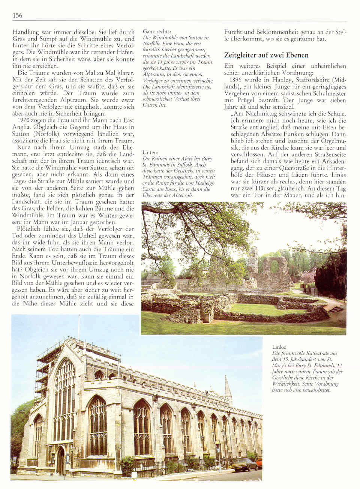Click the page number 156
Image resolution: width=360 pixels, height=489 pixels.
point(17,15)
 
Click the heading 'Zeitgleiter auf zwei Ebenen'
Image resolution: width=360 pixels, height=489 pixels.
point(266,55)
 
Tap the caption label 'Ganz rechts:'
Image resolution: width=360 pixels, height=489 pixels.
point(157,31)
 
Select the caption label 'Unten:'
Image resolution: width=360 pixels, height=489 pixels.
point(151,153)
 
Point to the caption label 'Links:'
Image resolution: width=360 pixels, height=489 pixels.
point(279,347)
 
